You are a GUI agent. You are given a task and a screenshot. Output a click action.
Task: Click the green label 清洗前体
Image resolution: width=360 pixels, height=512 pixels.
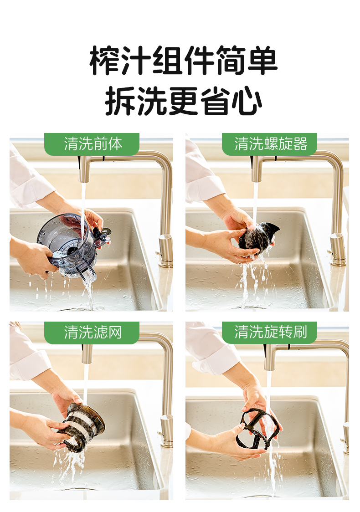[92, 144]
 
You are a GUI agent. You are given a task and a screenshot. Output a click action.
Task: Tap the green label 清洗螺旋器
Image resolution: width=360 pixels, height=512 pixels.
[269, 144]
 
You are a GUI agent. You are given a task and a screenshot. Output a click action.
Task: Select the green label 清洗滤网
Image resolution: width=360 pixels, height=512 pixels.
[92, 333]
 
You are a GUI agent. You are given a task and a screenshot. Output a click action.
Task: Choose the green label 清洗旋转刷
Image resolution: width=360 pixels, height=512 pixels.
[269, 333]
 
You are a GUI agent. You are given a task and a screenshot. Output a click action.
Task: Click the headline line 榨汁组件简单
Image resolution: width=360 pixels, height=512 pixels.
[183, 61]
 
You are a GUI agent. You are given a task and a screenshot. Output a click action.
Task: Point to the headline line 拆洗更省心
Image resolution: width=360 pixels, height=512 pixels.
[183, 101]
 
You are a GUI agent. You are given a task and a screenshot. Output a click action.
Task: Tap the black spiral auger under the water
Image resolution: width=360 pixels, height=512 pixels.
[258, 237]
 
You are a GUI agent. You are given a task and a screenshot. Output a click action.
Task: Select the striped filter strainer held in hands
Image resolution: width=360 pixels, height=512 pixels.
[82, 427]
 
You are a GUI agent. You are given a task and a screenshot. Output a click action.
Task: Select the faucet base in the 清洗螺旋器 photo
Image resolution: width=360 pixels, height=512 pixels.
[337, 250]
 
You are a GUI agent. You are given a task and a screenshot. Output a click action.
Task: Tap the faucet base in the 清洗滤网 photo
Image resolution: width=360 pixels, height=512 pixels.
[167, 431]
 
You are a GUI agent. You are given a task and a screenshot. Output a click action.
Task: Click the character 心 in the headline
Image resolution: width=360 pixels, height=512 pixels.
[247, 101]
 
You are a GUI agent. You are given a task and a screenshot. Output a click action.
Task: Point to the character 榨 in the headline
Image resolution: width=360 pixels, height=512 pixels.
[104, 61]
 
